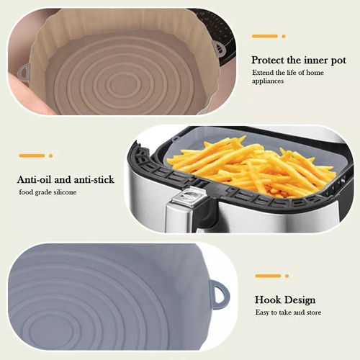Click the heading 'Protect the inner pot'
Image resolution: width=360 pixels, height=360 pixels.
(299, 60)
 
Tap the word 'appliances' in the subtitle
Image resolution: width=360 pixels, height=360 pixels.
(268, 81)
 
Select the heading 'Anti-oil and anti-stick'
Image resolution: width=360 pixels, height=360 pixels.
(66, 180)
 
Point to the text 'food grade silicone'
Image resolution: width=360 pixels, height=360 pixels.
(48, 192)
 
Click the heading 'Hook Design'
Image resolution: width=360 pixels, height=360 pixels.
(285, 300)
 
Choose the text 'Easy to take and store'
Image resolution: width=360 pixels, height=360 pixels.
(288, 312)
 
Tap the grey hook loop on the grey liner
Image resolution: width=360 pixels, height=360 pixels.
(220, 295)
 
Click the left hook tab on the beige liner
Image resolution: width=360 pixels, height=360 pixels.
(24, 72)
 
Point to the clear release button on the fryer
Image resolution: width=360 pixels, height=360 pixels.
(189, 197)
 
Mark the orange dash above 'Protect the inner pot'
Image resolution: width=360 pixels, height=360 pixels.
(265, 36)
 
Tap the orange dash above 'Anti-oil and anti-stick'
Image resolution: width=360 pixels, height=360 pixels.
(32, 156)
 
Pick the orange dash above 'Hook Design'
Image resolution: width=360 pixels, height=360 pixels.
(268, 276)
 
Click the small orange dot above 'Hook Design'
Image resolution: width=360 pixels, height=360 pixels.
(287, 276)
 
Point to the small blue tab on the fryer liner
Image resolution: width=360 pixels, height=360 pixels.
(176, 138)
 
